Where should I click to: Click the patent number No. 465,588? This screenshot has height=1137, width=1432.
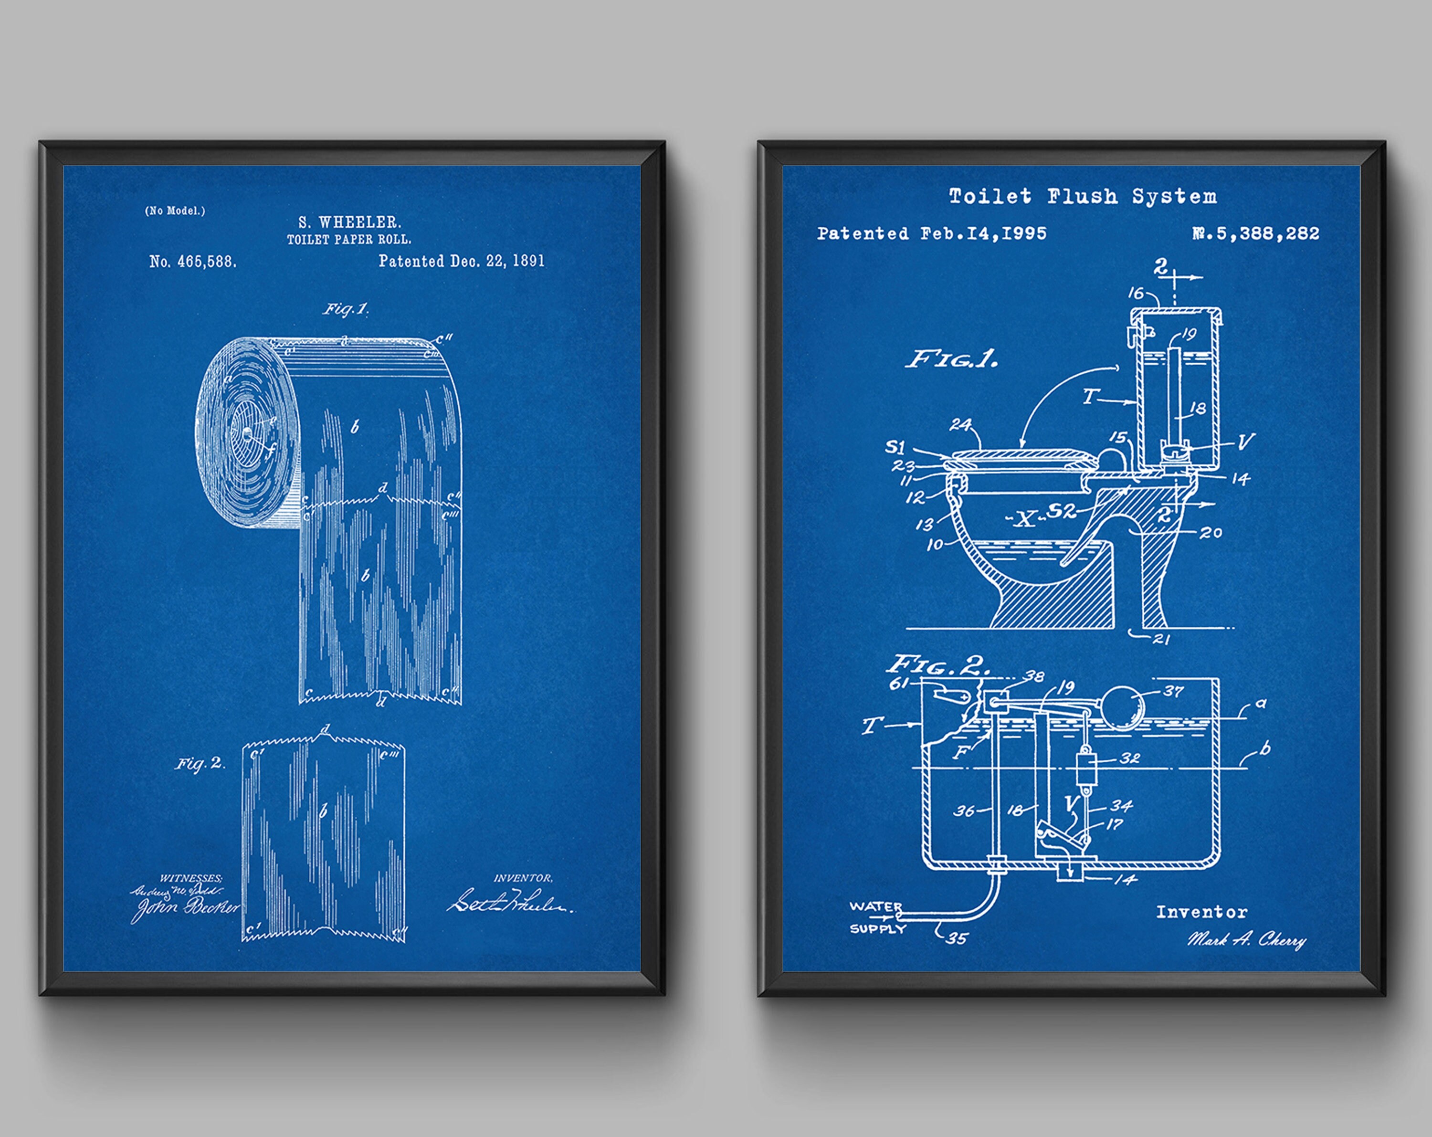pyautogui.click(x=193, y=262)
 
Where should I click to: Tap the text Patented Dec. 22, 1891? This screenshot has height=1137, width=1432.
pyautogui.click(x=461, y=261)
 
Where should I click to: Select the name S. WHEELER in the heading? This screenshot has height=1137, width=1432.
pyautogui.click(x=349, y=222)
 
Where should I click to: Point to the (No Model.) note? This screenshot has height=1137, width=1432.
pyautogui.click(x=175, y=211)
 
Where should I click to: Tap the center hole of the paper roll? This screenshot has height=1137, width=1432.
pyautogui.click(x=247, y=434)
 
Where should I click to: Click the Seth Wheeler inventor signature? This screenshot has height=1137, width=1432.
pyautogui.click(x=508, y=903)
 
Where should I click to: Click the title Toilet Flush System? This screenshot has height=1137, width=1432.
pyautogui.click(x=1083, y=197)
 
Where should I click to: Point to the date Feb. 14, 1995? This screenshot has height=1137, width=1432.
pyautogui.click(x=983, y=234)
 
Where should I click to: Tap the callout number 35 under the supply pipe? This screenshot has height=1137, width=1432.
pyautogui.click(x=957, y=938)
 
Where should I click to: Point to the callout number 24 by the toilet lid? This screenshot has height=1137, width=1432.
pyautogui.click(x=960, y=424)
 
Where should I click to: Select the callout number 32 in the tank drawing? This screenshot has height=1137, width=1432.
pyautogui.click(x=1130, y=758)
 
